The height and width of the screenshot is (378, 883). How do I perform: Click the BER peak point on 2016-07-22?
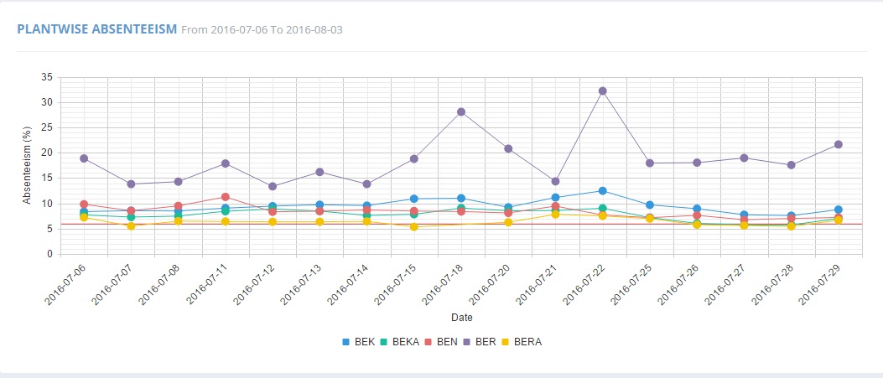tap(602, 91)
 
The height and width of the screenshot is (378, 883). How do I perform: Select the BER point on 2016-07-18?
tap(461, 111)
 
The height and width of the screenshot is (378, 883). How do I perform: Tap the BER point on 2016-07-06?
tap(84, 158)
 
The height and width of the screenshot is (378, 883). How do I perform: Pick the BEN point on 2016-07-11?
tap(226, 197)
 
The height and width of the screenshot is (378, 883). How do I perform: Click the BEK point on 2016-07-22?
tap(602, 191)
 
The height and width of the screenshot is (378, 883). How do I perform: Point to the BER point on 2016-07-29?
tap(838, 145)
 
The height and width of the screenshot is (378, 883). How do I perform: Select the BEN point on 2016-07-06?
tap(84, 205)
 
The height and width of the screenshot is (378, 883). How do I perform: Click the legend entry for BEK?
tap(358, 341)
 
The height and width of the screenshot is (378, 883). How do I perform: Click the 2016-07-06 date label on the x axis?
tap(67, 285)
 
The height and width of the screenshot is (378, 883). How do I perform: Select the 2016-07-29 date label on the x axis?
tap(821, 285)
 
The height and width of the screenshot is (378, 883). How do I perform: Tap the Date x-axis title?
tap(461, 318)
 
